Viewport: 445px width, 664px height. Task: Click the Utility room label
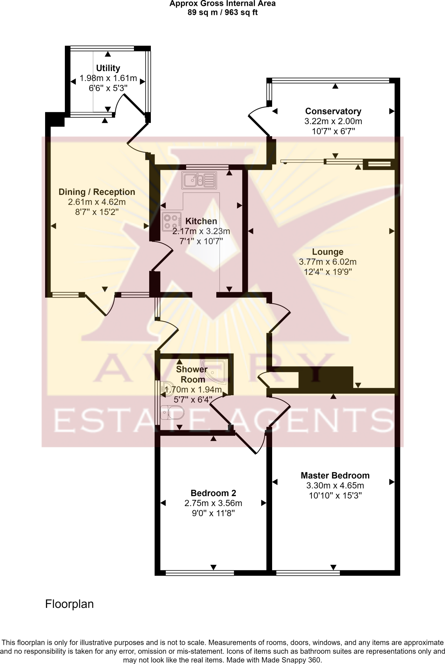click(108, 68)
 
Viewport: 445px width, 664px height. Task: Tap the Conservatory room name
click(333, 111)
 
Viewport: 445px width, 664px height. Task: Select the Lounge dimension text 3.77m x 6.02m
click(328, 262)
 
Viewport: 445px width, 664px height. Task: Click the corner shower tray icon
click(215, 371)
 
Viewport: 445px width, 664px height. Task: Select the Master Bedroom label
click(335, 475)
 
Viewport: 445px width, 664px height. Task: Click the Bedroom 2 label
click(213, 493)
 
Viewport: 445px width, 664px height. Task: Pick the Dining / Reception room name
click(97, 192)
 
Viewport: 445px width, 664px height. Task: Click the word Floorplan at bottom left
click(69, 604)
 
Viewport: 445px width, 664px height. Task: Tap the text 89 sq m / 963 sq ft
click(222, 13)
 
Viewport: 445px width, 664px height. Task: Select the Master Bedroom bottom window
click(308, 573)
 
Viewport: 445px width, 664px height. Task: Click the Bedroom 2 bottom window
click(199, 573)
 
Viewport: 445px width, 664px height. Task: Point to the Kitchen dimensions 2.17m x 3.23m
click(201, 231)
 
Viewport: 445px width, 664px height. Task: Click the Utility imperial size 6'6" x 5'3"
click(108, 88)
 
